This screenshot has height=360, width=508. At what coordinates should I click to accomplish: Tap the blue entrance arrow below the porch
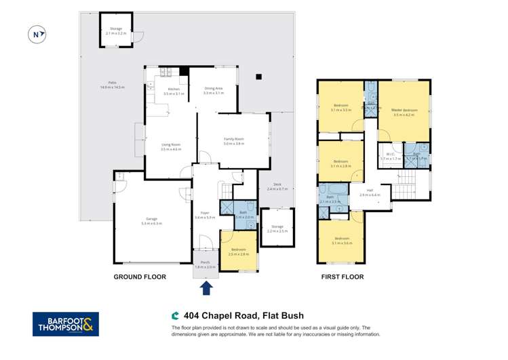click(207, 287)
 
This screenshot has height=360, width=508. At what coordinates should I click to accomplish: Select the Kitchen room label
click(174, 91)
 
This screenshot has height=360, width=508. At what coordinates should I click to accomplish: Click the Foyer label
click(204, 215)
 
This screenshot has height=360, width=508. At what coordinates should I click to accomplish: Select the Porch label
click(205, 264)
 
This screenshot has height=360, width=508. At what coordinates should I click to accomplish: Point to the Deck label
click(277, 186)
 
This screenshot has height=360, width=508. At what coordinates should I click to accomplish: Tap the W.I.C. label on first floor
click(390, 155)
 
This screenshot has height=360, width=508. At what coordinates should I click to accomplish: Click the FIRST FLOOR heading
click(342, 277)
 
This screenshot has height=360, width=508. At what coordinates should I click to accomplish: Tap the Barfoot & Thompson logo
click(66, 324)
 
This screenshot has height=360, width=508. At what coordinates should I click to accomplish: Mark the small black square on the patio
click(258, 78)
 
